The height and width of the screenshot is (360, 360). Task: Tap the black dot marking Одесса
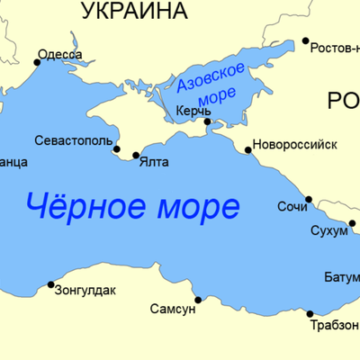(x=38, y=62)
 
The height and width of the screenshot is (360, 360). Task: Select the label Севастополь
(x=74, y=141)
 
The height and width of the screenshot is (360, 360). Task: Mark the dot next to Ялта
(x=136, y=156)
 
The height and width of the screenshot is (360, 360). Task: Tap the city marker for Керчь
(x=208, y=121)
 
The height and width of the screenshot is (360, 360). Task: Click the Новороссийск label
(x=294, y=144)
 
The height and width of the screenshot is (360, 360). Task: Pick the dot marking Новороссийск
(x=248, y=150)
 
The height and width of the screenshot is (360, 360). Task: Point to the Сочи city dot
(x=309, y=199)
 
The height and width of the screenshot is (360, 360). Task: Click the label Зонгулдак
(x=86, y=291)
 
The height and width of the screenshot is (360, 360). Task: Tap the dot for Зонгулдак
(x=50, y=284)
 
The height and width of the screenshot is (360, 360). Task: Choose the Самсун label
(x=173, y=309)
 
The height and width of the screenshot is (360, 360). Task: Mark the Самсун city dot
(x=198, y=300)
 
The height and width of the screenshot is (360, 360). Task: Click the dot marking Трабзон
(x=310, y=314)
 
